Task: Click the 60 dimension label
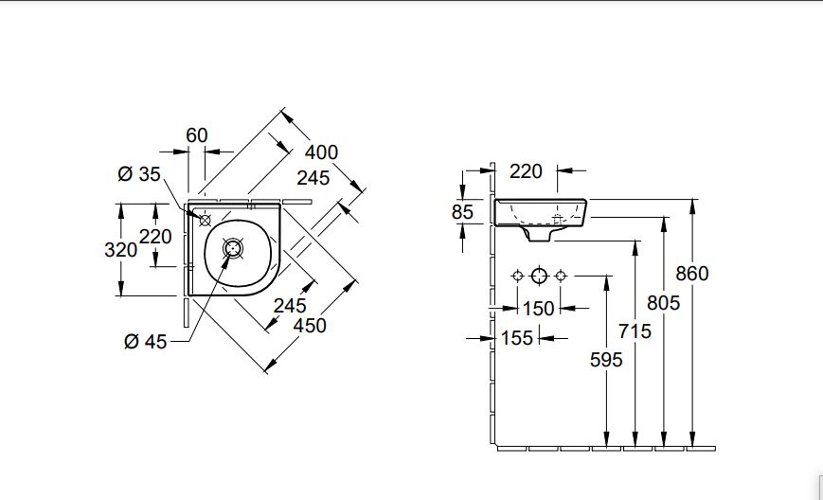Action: (196, 135)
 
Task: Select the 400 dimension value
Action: (322, 152)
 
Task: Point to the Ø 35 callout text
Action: (139, 173)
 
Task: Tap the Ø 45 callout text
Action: (145, 342)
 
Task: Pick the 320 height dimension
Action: (119, 250)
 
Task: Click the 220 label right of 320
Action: (155, 237)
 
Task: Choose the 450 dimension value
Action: (310, 325)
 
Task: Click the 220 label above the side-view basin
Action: (526, 171)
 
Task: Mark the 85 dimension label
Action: (462, 212)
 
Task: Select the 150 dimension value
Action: (538, 309)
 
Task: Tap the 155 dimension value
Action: (517, 338)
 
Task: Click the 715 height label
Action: (635, 330)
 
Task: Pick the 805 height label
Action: (664, 302)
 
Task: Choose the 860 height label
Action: (692, 274)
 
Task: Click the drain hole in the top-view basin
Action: (233, 249)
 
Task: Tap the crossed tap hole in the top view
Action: (205, 218)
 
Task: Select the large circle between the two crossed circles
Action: (539, 276)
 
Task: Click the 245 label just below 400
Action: (313, 177)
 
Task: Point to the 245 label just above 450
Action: (290, 305)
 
